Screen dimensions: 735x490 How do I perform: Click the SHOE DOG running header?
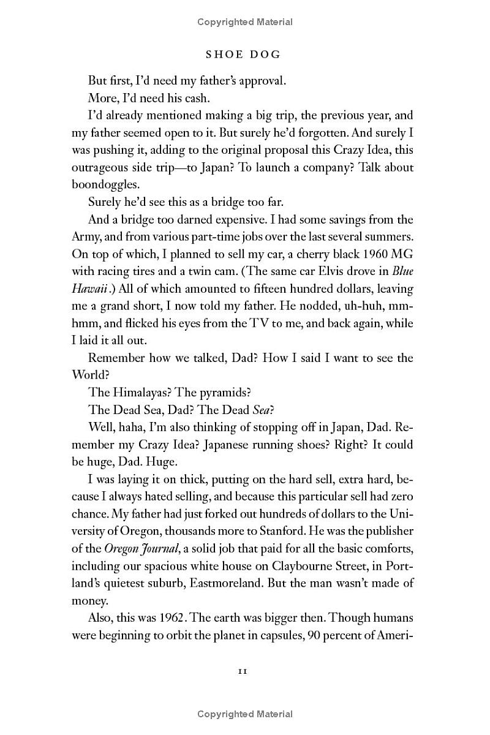[243, 55]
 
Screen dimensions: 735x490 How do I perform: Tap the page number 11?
[243, 671]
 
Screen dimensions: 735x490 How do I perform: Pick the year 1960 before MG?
[367, 253]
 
